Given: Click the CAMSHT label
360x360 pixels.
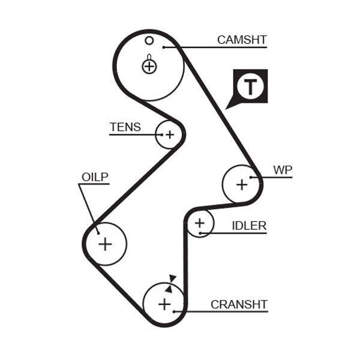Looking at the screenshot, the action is (242, 40).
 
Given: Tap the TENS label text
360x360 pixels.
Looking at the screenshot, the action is (125, 127).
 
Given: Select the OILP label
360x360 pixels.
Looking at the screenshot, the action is (95, 177).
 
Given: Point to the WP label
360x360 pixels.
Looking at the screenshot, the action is (283, 170).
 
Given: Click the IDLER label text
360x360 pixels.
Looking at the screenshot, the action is (249, 226).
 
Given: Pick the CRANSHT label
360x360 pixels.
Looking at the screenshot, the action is (239, 304).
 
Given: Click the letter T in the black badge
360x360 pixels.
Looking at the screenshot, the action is (250, 87).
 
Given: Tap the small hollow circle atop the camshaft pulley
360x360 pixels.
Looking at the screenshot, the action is (149, 41).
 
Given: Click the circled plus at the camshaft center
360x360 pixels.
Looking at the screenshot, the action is (149, 67).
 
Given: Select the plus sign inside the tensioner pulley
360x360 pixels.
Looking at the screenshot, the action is (170, 135).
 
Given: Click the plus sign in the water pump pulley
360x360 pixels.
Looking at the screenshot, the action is (242, 185).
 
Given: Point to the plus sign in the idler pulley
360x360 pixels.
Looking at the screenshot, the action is (200, 223).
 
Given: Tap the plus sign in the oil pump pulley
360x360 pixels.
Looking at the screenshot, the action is (105, 244).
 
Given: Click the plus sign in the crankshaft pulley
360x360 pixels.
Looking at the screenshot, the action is (164, 304).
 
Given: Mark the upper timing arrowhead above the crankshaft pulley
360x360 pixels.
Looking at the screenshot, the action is (173, 278).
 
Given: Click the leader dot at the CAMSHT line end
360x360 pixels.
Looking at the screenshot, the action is (164, 47).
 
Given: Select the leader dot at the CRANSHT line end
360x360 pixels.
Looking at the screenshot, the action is (174, 311).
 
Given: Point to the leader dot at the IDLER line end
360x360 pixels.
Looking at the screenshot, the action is (200, 233).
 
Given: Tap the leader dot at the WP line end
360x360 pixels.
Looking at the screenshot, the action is (251, 177).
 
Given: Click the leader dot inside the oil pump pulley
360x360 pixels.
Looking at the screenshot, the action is (98, 233).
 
